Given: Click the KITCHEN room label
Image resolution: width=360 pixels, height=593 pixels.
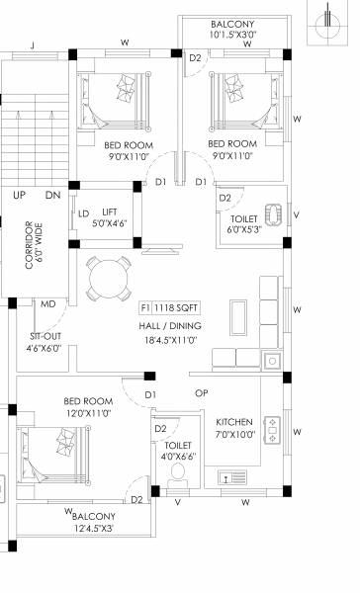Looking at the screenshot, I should point(235,422).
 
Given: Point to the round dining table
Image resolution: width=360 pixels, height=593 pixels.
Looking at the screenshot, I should point(106,280).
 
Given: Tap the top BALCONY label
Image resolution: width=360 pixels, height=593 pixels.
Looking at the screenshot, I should point(232,24).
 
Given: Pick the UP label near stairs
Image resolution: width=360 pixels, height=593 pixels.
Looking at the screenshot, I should point(19,196).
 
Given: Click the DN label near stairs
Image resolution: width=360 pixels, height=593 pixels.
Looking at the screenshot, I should point(51,196).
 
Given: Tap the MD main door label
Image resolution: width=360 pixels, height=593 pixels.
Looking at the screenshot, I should point(46,305).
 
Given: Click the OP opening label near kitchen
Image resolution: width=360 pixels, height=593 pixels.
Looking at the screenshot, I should point(202,393).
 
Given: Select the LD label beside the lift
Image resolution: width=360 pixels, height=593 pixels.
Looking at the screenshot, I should point(84,212).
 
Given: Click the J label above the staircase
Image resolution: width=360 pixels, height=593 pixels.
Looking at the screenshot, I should point(33,44).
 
